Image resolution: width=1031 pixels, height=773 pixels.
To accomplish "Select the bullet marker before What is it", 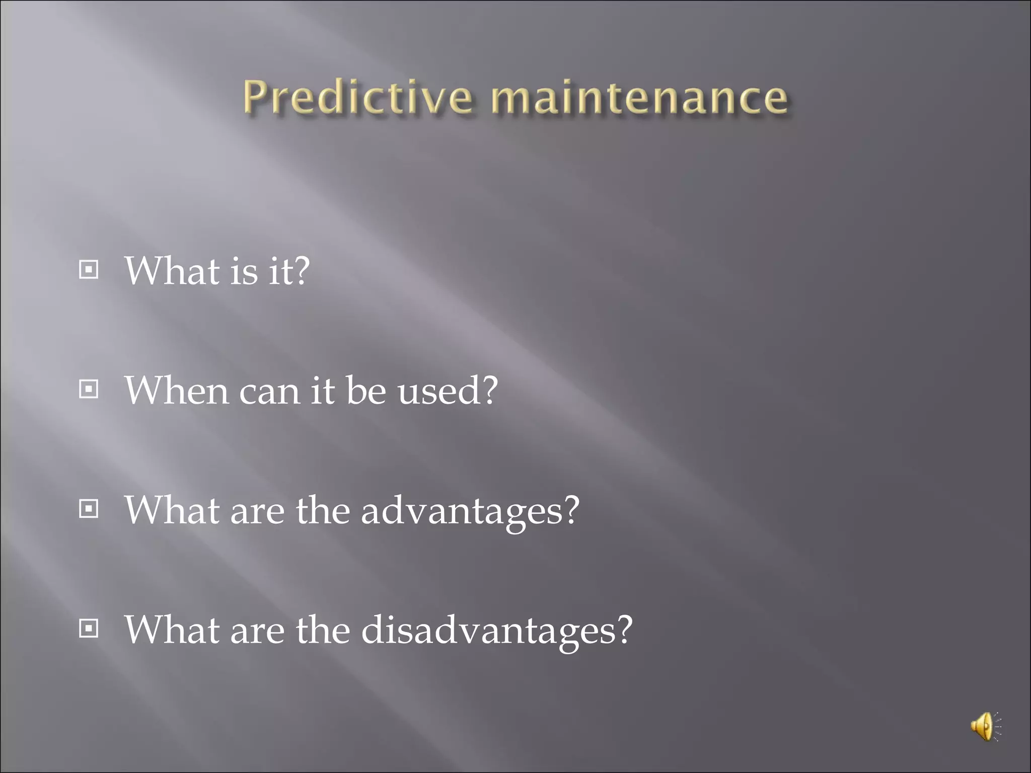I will click(89, 270).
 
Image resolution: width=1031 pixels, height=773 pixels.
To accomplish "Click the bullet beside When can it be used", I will click(89, 390).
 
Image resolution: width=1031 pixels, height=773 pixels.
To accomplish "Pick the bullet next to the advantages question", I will click(89, 509).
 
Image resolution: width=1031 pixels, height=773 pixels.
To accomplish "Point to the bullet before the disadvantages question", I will click(89, 629).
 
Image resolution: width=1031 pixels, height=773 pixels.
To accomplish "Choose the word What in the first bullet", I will click(172, 271).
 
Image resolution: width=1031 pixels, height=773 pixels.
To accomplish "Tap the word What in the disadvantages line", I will click(172, 630).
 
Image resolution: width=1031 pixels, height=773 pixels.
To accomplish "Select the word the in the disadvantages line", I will click(322, 630).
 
